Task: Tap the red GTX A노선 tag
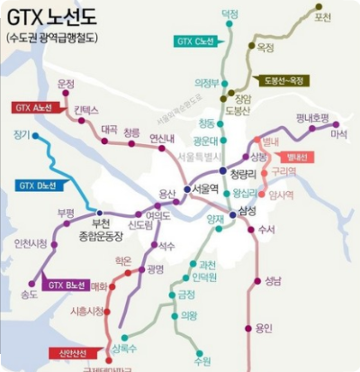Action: click(x=33, y=107)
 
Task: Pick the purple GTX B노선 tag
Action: click(x=67, y=286)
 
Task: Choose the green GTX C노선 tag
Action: click(x=197, y=41)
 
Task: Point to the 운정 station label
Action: click(x=66, y=84)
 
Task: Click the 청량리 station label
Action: click(x=244, y=174)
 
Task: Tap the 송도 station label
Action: click(x=28, y=294)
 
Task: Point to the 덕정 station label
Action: click(x=229, y=14)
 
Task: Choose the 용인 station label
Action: click(x=263, y=328)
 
